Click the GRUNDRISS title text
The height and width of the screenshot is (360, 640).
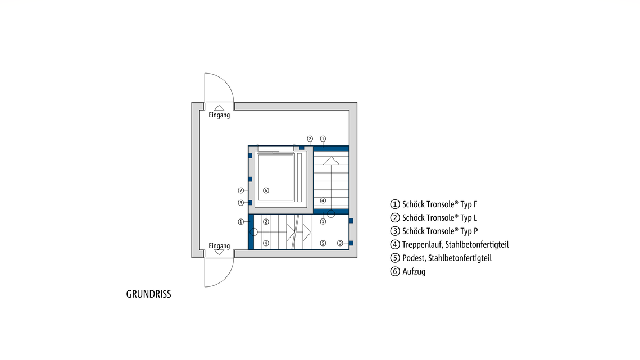148,294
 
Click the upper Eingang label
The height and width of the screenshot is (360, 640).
219,116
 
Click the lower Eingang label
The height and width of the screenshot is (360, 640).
219,246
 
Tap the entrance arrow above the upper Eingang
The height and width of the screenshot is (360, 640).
219,108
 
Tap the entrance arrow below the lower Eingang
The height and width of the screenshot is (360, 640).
219,253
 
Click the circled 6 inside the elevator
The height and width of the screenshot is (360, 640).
266,190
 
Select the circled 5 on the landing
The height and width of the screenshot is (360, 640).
323,243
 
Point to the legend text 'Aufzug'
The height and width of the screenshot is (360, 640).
414,272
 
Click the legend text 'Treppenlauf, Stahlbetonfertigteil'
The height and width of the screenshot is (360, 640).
455,245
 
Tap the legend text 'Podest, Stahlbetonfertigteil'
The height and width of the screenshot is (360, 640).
447,258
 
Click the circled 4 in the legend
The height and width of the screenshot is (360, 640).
394,245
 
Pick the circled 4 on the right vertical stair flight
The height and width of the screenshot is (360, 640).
323,200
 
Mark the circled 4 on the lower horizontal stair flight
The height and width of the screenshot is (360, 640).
266,243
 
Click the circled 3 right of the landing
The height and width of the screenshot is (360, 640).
340,243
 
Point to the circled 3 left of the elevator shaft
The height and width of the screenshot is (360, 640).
240,203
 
